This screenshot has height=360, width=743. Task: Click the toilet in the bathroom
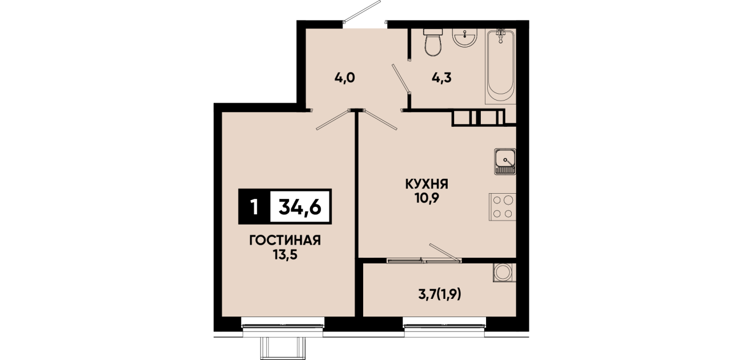(433, 42)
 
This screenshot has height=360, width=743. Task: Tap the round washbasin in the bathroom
(465, 38)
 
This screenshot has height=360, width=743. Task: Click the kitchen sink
(505, 162)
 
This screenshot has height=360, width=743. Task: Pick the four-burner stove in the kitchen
(502, 207)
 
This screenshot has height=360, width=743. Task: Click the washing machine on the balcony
(504, 273)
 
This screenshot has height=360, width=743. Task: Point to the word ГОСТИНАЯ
(285, 241)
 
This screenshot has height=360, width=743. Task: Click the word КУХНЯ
(427, 184)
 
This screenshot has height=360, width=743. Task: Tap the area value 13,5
(285, 255)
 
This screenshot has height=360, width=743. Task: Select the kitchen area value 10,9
(427, 198)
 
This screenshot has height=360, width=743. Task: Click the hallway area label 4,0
(344, 78)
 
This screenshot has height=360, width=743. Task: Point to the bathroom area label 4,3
(441, 78)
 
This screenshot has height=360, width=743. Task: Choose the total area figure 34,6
(300, 207)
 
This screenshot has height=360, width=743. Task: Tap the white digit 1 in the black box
(254, 207)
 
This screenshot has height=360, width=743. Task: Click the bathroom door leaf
(401, 79)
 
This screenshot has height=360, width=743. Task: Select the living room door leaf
(333, 120)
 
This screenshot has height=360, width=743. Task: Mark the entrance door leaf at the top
(362, 12)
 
